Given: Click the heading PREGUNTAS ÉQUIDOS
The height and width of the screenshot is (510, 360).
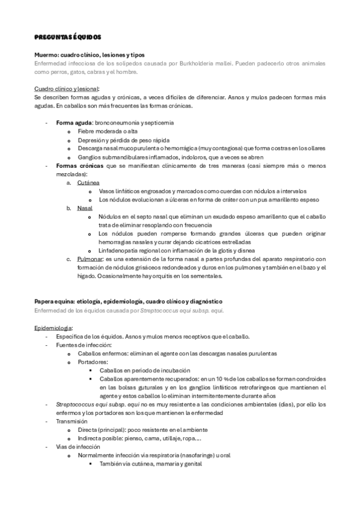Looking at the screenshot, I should point(67,37).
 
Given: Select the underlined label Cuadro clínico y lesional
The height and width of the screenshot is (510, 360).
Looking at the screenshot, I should point(70,88).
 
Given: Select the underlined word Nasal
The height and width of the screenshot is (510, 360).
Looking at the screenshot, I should point(84,207).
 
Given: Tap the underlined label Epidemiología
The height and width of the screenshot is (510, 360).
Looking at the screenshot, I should point(53,328).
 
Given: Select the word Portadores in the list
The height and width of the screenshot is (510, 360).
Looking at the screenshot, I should point(93,362).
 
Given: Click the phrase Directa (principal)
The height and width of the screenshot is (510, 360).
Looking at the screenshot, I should point(105,429).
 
